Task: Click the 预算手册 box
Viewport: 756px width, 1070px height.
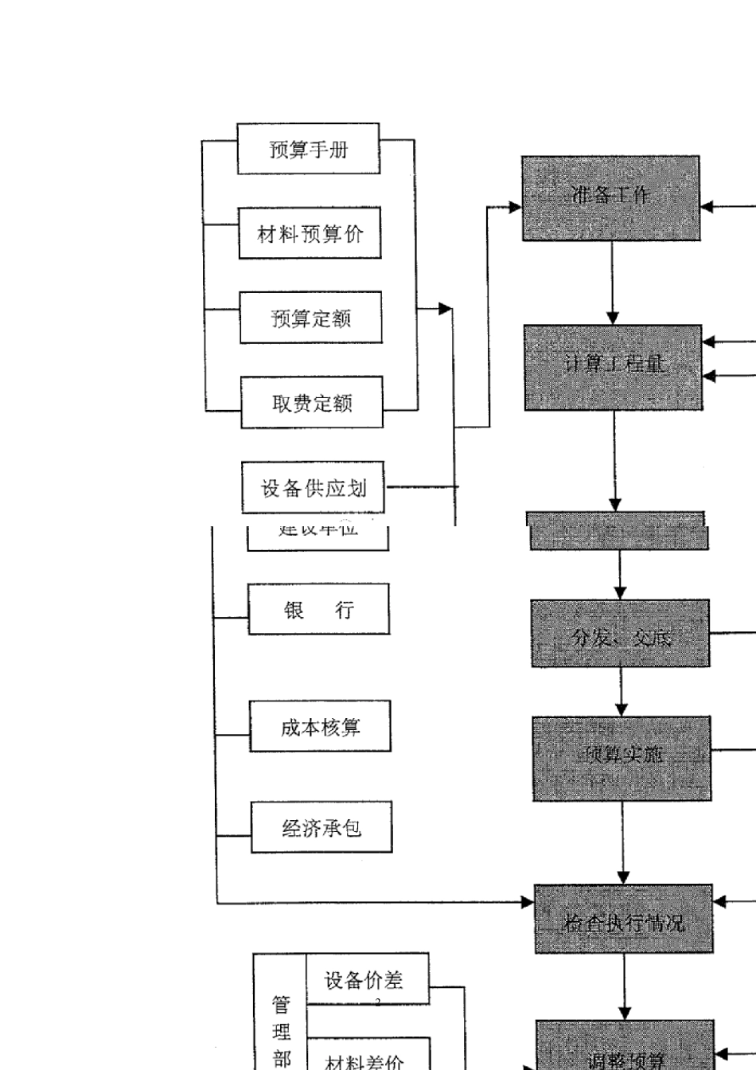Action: click(x=308, y=149)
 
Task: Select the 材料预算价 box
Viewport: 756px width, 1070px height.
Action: click(x=310, y=233)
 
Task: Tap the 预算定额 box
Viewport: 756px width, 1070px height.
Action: click(x=310, y=318)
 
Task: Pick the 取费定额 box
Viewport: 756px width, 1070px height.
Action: click(x=311, y=403)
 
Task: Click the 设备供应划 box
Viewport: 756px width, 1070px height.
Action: click(x=314, y=487)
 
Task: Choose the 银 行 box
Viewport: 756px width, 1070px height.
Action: click(x=319, y=609)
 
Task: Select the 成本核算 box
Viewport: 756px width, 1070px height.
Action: click(x=320, y=726)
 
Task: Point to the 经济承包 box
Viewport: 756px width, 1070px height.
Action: click(x=321, y=827)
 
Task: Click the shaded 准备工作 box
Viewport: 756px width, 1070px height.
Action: click(x=610, y=198)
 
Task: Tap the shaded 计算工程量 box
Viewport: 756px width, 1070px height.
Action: click(x=613, y=367)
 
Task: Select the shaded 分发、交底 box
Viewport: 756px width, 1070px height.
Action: click(x=620, y=634)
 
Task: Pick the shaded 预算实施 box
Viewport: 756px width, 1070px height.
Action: click(x=622, y=758)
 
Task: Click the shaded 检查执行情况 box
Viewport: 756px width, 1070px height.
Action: click(x=623, y=919)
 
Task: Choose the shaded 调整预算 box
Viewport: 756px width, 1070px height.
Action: click(x=625, y=1047)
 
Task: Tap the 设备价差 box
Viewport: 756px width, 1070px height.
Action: click(x=367, y=979)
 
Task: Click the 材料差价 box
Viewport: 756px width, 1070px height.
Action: click(x=367, y=1055)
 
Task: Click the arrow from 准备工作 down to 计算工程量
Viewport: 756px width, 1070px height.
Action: click(x=612, y=282)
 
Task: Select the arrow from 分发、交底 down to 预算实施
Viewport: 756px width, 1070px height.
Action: click(x=622, y=691)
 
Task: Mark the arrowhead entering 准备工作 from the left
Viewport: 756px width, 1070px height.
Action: click(x=515, y=207)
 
